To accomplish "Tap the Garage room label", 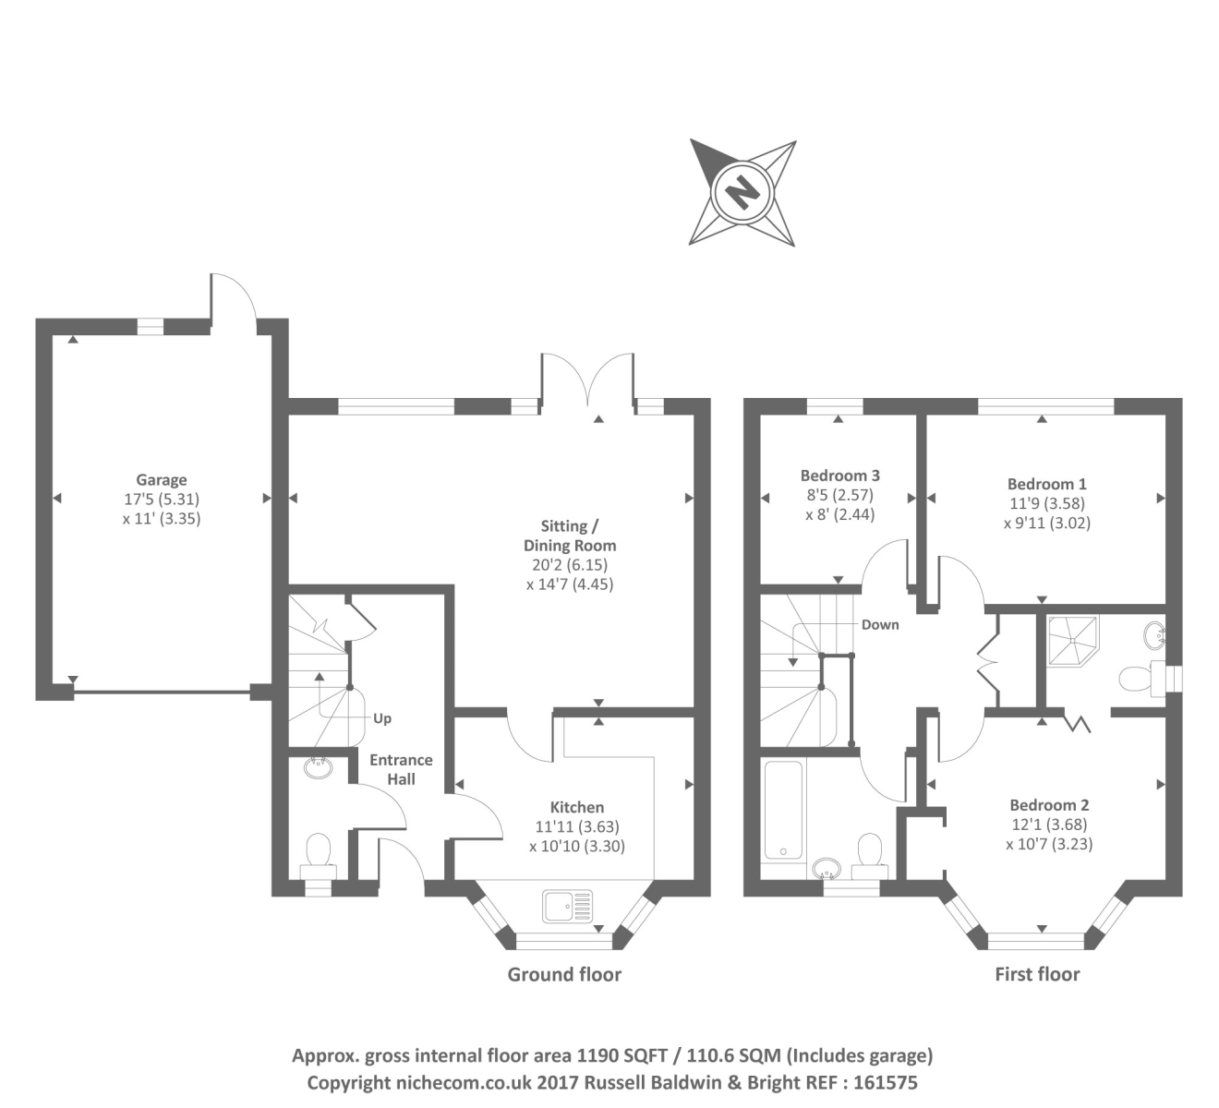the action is (162, 479).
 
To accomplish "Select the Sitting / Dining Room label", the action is (570, 536).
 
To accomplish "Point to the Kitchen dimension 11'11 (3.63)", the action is (577, 826).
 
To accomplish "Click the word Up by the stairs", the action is (382, 717).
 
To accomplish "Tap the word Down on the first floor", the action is (880, 624).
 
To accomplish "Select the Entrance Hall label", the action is (401, 769).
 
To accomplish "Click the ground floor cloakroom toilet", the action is (319, 852).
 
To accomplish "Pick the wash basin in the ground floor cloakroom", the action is (319, 766).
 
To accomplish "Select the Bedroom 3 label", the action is (839, 476).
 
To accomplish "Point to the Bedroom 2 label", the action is (1049, 804).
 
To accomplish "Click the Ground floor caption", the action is (564, 974).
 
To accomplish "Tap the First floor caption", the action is (1037, 974).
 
